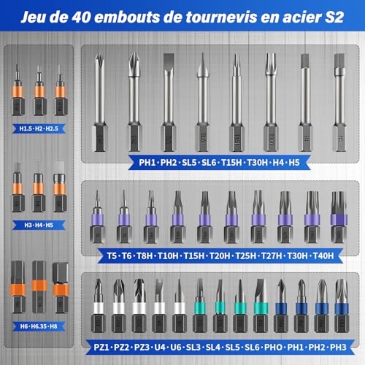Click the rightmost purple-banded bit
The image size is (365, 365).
pyautogui.click(x=337, y=217)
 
